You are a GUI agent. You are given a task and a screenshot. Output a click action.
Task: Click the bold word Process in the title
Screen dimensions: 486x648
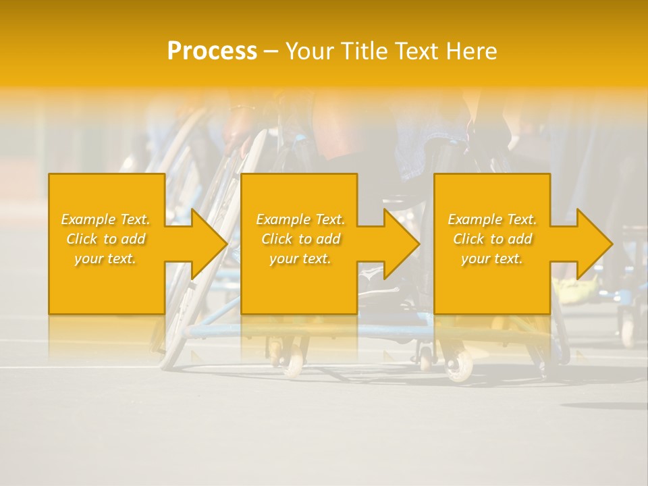tap(212, 51)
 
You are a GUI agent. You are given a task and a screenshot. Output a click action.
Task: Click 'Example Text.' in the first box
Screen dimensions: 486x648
tap(106, 219)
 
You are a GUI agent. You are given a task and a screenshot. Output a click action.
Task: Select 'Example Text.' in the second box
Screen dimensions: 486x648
tap(300, 219)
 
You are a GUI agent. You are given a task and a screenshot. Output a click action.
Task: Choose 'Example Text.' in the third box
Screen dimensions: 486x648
tap(492, 219)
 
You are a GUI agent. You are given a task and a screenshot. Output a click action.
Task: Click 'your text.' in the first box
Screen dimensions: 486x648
tap(105, 259)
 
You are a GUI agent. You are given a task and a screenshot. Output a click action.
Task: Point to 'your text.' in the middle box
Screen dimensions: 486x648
tap(300, 259)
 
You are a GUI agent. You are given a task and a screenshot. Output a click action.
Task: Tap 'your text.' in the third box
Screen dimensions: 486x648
tap(491, 259)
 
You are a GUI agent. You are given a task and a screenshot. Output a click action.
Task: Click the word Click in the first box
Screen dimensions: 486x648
tap(82, 239)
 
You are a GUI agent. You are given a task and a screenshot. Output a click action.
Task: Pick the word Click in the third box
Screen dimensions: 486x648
tap(468, 239)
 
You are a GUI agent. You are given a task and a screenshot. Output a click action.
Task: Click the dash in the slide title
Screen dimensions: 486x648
tap(271, 51)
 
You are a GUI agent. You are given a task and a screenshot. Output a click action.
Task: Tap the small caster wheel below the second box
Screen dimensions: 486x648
tap(294, 365)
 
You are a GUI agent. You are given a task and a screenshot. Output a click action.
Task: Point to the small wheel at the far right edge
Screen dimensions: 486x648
tap(628, 333)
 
